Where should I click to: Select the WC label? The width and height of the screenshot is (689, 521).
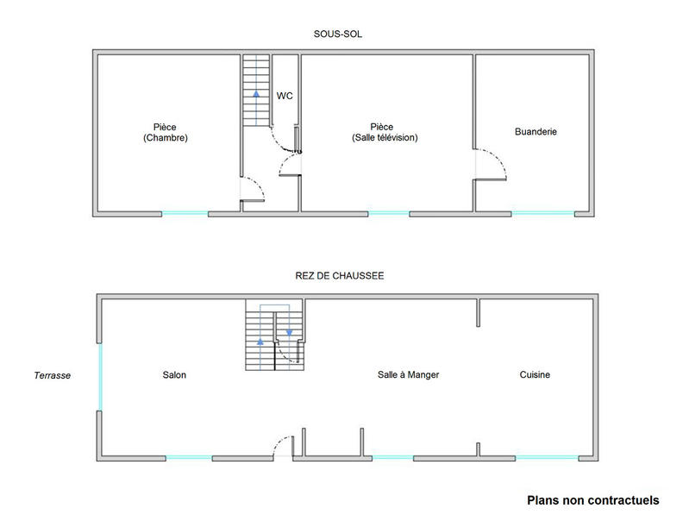(x=285, y=96)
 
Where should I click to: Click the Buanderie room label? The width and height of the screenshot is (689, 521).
(x=536, y=132)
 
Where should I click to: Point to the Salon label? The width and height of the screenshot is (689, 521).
(x=173, y=375)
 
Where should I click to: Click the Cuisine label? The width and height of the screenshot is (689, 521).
(x=535, y=375)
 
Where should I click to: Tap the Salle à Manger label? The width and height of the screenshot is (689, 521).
(x=409, y=375)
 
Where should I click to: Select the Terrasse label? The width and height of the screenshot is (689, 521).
(x=52, y=375)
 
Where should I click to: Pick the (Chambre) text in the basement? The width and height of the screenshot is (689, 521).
(x=166, y=138)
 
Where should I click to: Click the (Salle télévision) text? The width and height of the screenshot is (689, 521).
(x=385, y=138)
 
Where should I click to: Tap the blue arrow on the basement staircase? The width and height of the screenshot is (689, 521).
(x=256, y=93)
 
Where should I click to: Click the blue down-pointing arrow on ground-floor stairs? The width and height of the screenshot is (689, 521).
(x=290, y=331)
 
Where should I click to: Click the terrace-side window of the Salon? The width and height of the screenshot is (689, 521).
(x=100, y=377)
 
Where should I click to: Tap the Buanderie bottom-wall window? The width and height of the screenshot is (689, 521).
(x=542, y=212)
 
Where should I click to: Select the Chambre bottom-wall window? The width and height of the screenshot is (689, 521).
(x=185, y=212)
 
